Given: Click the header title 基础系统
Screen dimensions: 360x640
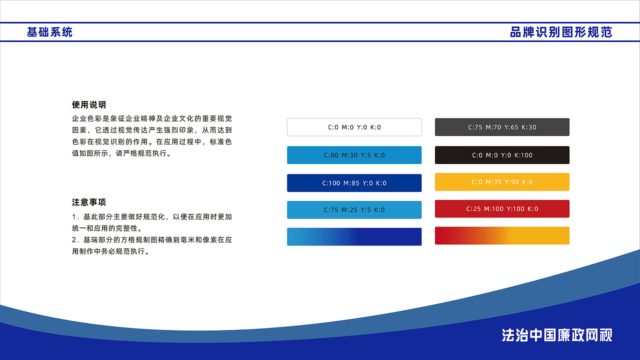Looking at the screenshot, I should point(49,32).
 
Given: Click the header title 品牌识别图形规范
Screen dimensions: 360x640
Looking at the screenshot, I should point(561,32).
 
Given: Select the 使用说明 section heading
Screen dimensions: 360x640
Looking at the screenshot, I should point(89,105).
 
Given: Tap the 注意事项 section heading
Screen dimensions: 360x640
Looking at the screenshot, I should point(89,202).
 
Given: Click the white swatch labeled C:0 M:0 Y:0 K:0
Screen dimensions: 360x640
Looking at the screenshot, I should point(354,127).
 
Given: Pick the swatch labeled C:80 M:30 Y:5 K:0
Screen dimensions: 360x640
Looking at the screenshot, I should point(354,155).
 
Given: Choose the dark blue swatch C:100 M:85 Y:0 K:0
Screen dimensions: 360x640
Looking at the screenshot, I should point(354,183).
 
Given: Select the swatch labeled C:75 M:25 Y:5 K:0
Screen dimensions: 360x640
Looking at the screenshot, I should point(354,210).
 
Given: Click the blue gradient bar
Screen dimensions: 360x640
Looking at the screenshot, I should point(354,236).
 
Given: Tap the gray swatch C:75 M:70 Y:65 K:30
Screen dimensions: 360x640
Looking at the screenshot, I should point(502,127).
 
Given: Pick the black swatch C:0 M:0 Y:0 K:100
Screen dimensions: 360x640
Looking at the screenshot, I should point(502,155).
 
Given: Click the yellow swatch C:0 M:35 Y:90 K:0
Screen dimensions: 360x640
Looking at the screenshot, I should point(502,182).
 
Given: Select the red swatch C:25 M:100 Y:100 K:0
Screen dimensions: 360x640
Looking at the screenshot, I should point(502,209).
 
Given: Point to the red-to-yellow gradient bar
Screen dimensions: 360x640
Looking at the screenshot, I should point(502,235).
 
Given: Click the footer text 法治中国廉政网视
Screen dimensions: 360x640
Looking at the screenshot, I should point(557,335).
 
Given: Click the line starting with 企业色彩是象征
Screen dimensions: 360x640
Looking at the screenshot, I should point(152,119).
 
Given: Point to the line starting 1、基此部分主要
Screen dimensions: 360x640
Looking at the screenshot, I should point(152,217).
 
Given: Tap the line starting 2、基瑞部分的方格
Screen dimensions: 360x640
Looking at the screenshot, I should point(152,240).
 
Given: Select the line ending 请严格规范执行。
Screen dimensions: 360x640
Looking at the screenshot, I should point(122,153).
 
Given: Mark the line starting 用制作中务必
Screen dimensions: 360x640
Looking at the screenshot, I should point(111,251).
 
